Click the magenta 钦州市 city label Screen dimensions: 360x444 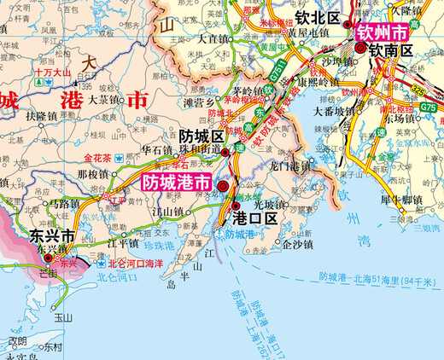point(384,33)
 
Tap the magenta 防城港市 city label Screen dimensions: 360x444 point(175,183)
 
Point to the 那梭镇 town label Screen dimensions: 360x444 point(94,173)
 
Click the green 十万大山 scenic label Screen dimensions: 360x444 point(53,74)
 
